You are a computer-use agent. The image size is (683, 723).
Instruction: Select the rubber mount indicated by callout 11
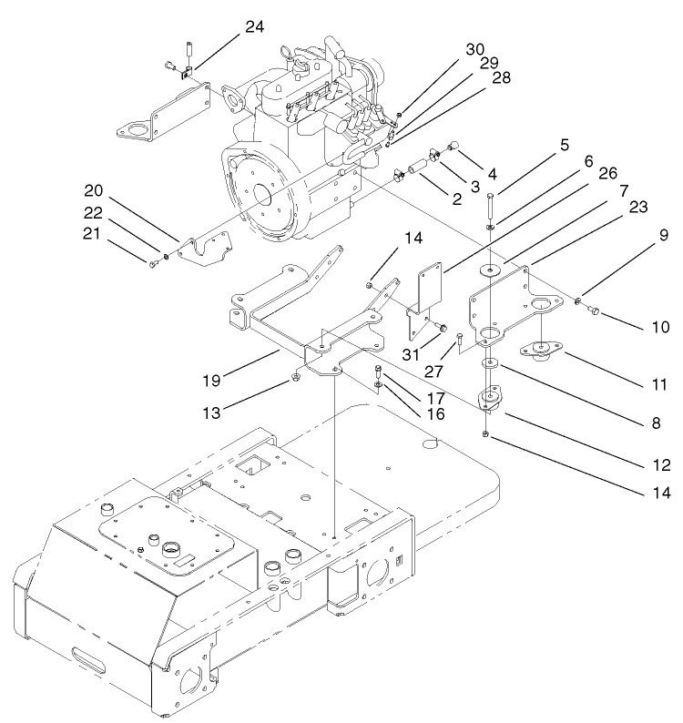click(x=541, y=350)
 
